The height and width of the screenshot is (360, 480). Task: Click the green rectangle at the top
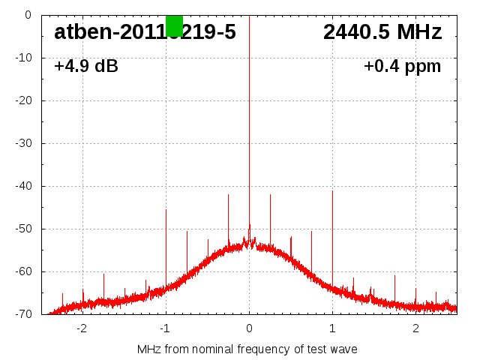(174, 25)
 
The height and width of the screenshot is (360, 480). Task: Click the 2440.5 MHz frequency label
(382, 32)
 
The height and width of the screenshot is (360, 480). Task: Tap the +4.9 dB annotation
(86, 66)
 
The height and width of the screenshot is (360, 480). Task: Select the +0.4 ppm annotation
(402, 66)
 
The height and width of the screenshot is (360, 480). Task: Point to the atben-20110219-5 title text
(145, 32)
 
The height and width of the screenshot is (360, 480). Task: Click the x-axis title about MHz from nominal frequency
(247, 349)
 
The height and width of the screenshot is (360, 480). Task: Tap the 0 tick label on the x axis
(249, 328)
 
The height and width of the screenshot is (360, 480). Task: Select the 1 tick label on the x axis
(332, 328)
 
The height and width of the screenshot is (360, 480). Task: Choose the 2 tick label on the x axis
(415, 328)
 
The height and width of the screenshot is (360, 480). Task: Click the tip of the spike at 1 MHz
(332, 191)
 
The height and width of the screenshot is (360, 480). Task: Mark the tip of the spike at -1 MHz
(166, 210)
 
